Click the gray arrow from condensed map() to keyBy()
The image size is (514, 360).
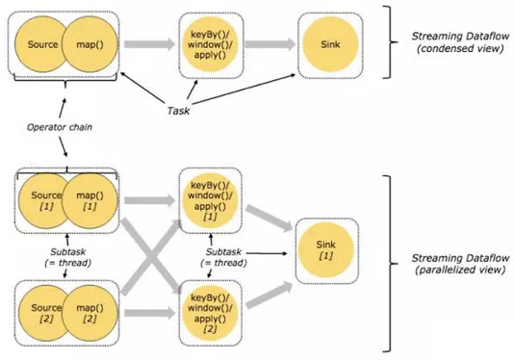coord(151,44)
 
